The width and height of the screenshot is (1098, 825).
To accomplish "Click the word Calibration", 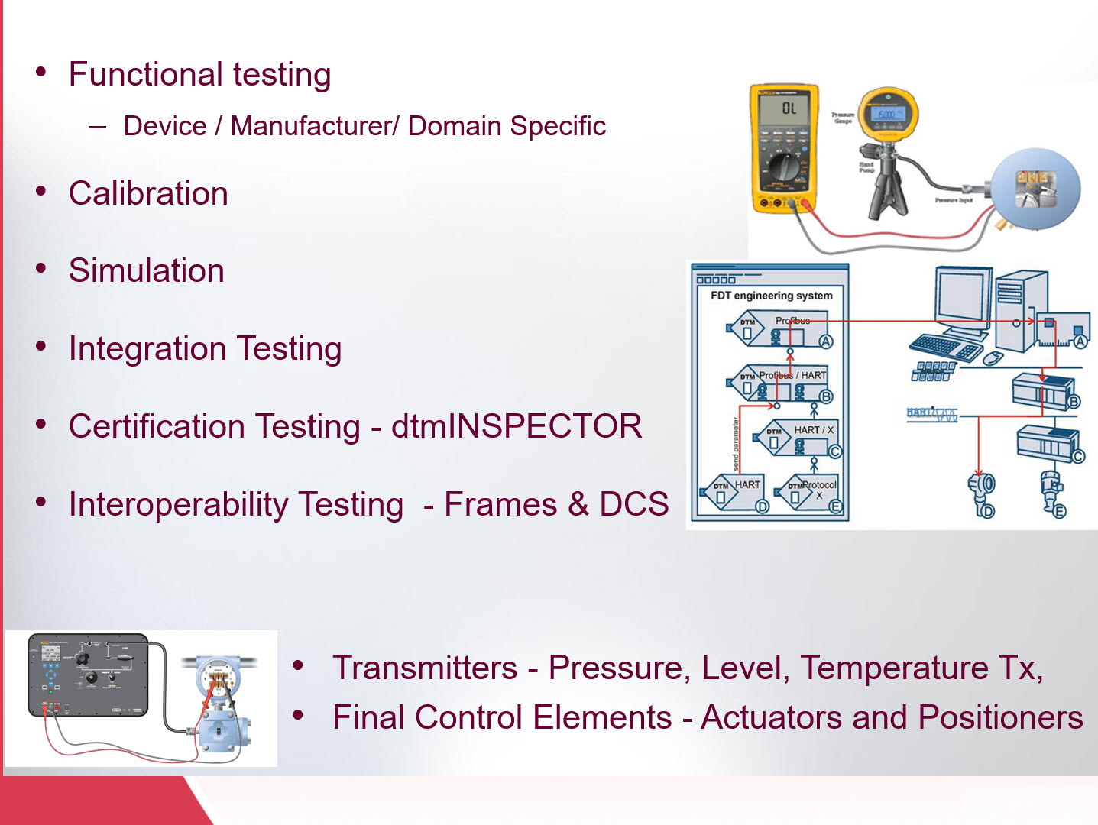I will [x=148, y=193].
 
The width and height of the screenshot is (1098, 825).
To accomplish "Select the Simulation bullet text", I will [x=147, y=271].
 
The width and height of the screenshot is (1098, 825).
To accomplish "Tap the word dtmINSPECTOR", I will [x=517, y=426].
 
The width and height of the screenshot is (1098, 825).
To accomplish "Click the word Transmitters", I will [x=425, y=668].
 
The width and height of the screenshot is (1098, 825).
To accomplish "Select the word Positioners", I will [x=1000, y=717].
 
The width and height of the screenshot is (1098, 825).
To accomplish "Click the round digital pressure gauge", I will [x=887, y=115].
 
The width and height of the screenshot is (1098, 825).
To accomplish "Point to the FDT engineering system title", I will [x=771, y=296].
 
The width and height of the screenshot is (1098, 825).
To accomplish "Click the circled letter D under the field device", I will [x=988, y=511].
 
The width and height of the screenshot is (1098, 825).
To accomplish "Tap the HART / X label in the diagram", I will [x=813, y=430].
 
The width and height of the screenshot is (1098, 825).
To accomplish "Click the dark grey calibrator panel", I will [x=87, y=675].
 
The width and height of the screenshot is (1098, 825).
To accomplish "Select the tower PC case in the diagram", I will [x=1019, y=309].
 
